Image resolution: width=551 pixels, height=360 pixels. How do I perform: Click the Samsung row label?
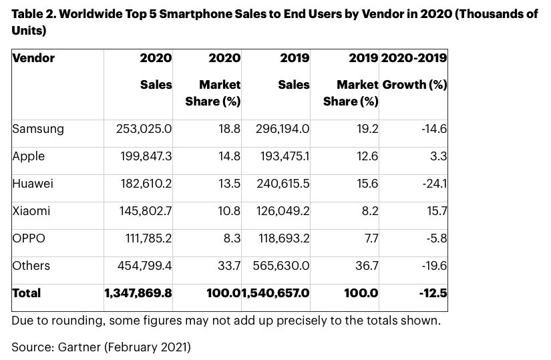coord(38,130)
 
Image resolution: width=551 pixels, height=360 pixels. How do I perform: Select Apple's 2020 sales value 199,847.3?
coord(140,156)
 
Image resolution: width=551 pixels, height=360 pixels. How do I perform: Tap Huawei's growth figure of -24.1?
coord(433,184)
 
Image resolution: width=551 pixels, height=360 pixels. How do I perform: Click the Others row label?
coord(31,266)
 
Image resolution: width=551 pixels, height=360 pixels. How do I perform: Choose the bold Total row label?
coord(27,293)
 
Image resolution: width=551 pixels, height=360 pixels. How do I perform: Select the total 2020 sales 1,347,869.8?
coord(138,293)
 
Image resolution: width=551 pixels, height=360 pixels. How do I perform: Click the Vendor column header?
coord(33,58)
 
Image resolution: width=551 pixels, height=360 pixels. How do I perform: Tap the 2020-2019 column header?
coord(413,58)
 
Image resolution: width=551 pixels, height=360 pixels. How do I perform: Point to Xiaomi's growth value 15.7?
coord(435,211)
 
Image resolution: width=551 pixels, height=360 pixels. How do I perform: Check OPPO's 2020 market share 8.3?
coord(232,238)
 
